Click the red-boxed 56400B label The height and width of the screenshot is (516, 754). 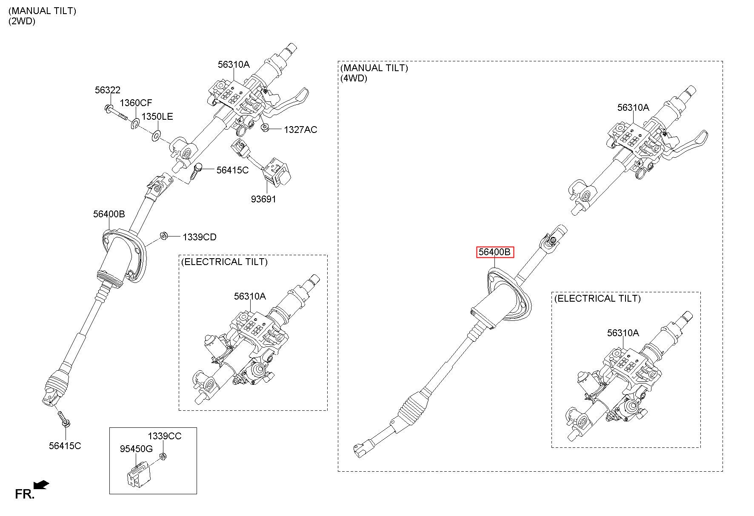[x=494, y=252]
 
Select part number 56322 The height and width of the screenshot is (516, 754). [x=107, y=90]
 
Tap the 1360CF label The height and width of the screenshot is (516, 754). [x=136, y=103]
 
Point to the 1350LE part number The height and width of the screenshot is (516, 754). [x=157, y=116]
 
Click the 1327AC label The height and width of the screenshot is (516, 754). [x=300, y=130]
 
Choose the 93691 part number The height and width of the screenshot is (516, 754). [x=263, y=199]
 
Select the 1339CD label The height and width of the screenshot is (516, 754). [x=200, y=237]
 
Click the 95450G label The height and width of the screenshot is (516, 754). [x=136, y=449]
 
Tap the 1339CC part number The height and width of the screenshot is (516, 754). [x=165, y=436]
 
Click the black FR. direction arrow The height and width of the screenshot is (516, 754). [x=41, y=484]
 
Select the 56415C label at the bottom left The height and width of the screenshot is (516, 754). [x=65, y=446]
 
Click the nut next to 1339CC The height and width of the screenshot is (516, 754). [x=162, y=457]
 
